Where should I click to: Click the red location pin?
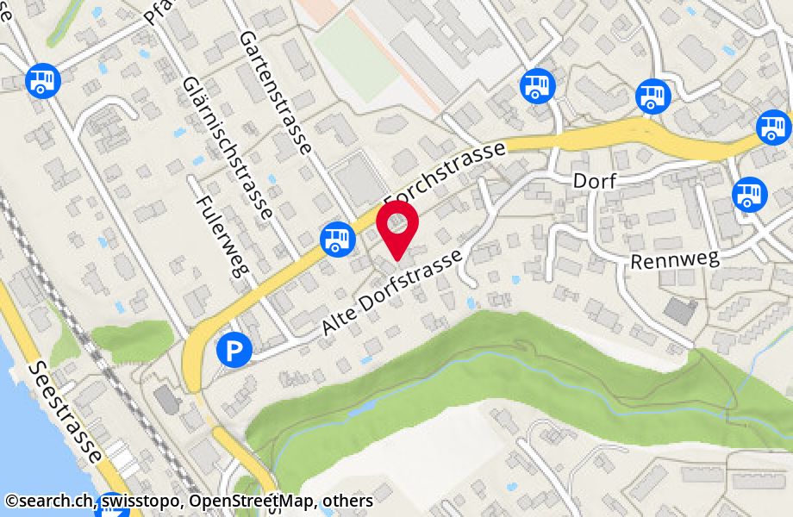pos(397,227)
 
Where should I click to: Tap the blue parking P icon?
pos(234,349)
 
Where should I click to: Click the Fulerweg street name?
pos(222,234)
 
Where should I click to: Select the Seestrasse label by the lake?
pos(66,410)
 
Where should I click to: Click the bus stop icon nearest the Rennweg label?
pos(749,193)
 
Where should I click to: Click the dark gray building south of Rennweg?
pos(680,311)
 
